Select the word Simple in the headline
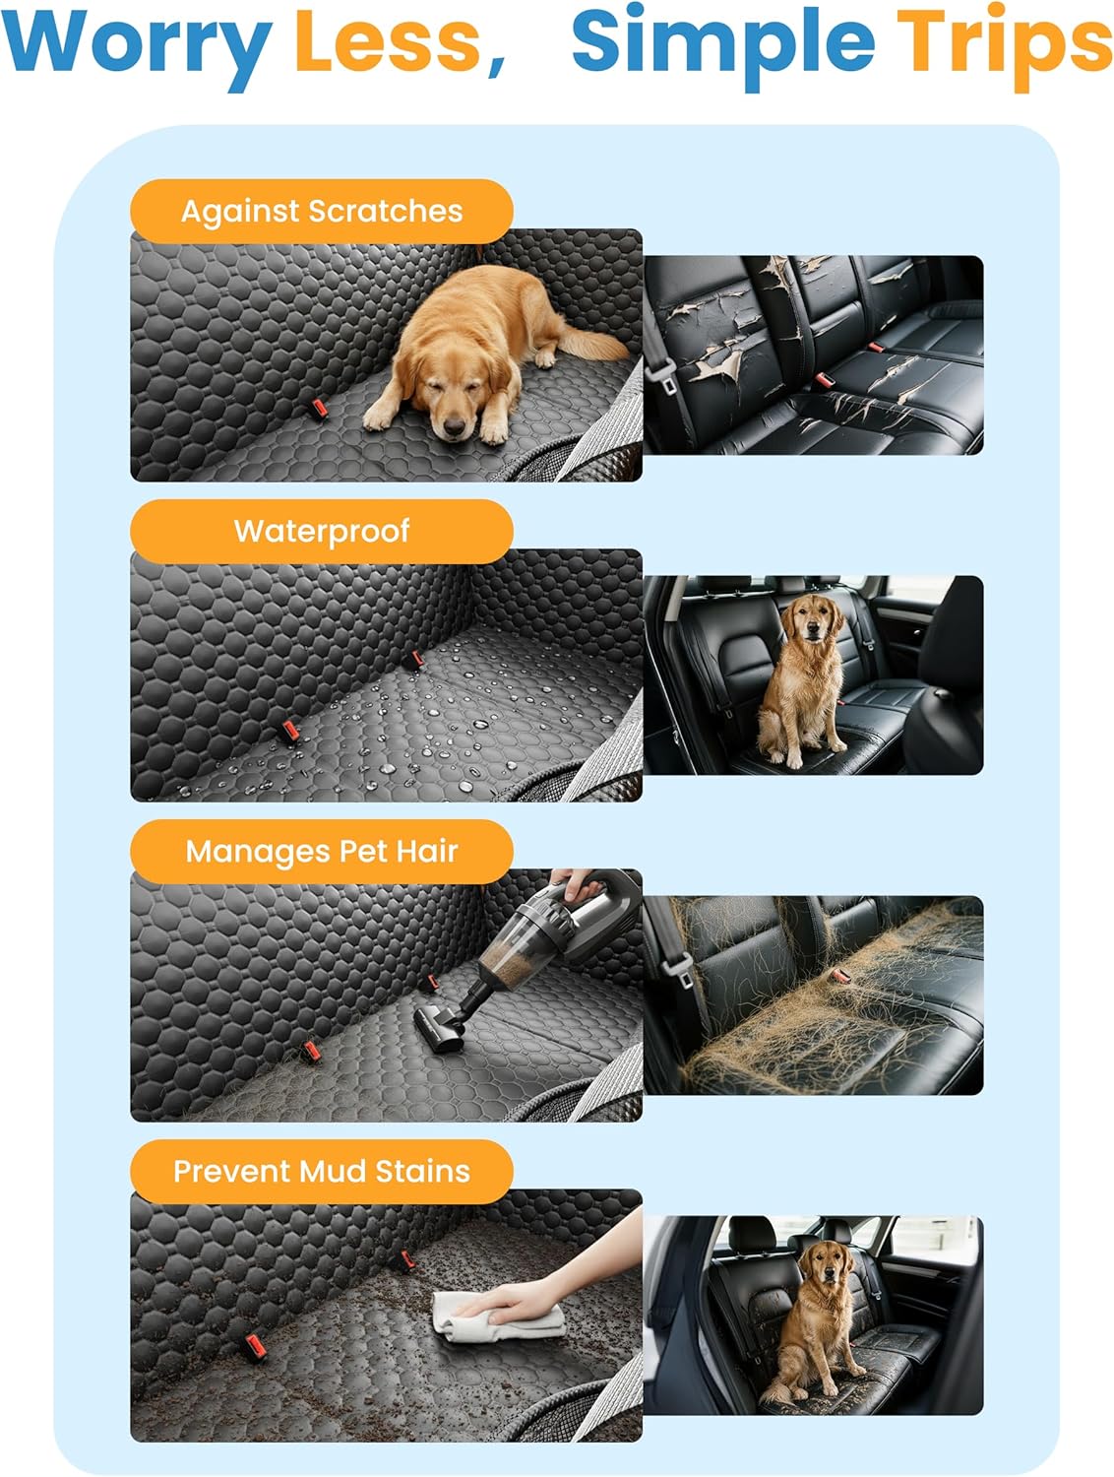click(x=722, y=44)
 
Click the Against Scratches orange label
click(x=321, y=211)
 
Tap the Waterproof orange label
click(x=321, y=531)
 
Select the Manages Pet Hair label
click(x=321, y=851)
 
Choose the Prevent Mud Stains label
click(x=321, y=1171)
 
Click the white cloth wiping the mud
click(x=492, y=1324)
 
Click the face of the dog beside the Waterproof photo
click(x=808, y=620)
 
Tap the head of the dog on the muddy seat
click(x=824, y=1267)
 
